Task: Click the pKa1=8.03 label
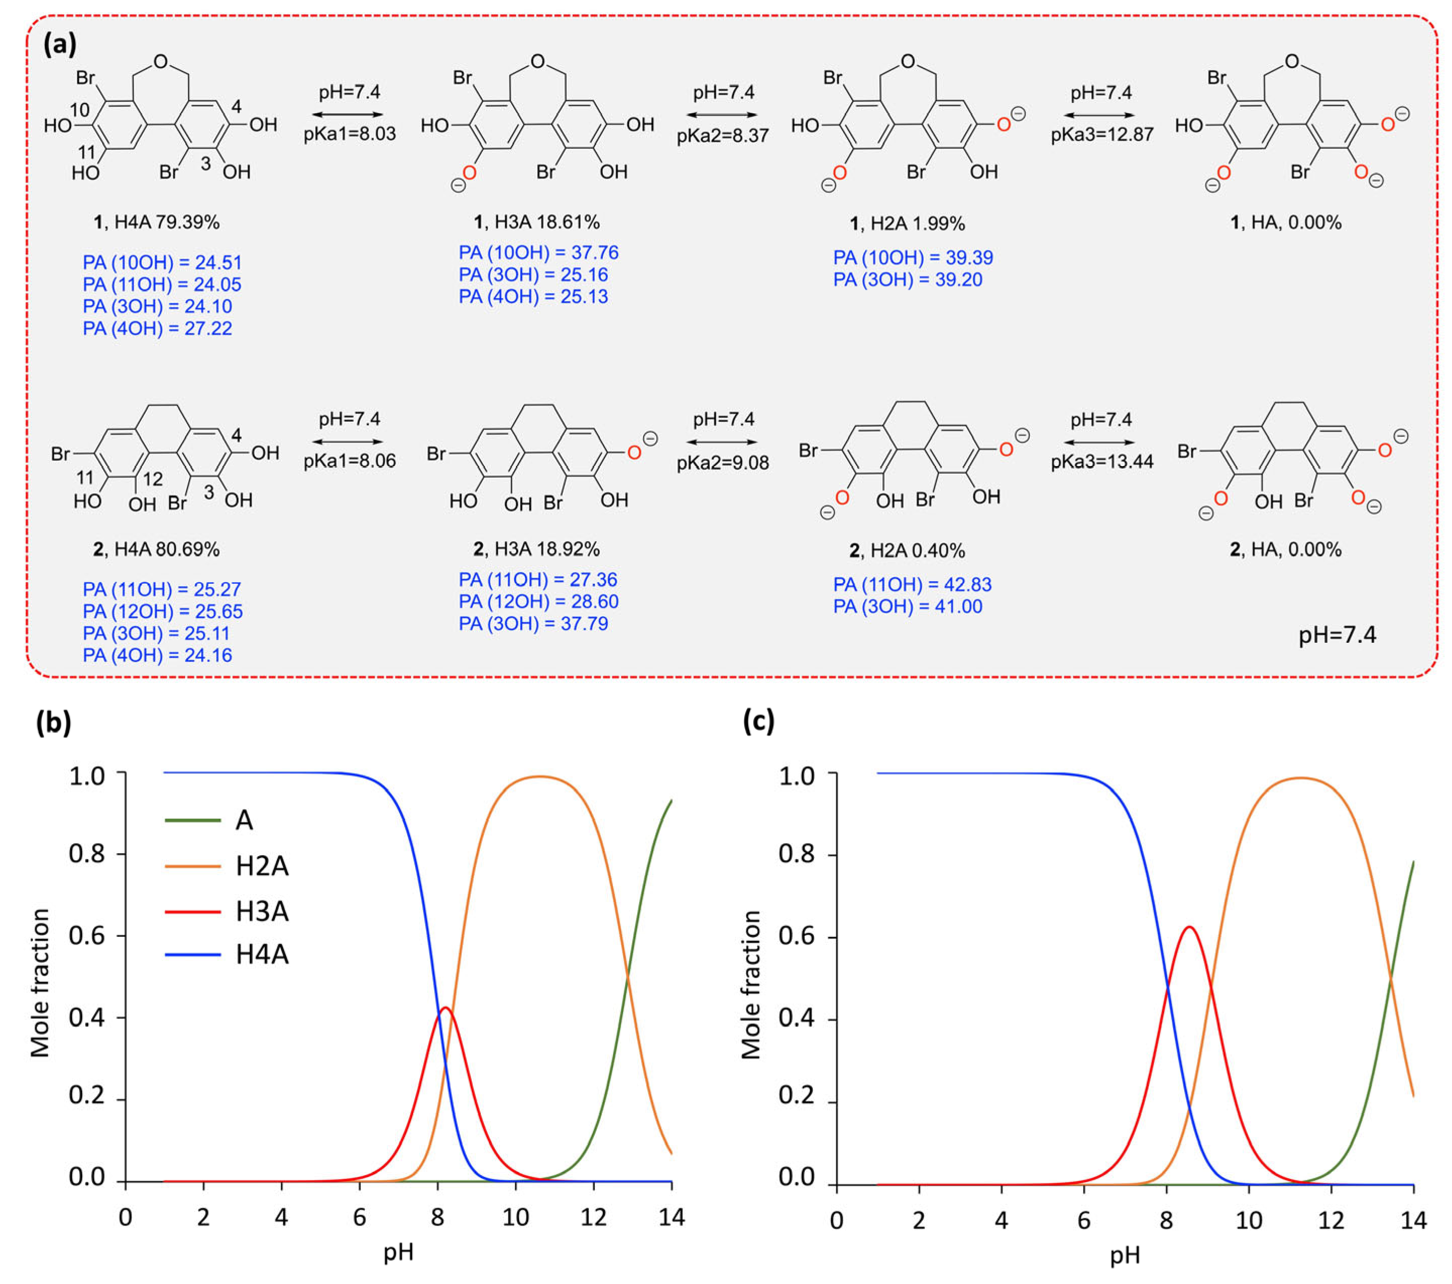coord(350,134)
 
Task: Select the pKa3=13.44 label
coord(1102,461)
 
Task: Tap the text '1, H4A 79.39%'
coord(157,222)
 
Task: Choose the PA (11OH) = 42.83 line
coord(912,584)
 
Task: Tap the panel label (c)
coord(758,721)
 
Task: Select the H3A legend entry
coord(261,912)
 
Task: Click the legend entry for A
coord(244,820)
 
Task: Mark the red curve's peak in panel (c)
coord(1189,927)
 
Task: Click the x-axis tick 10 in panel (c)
coord(1248,1221)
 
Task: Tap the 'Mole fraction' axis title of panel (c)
coord(751,985)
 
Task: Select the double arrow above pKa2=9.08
coord(723,442)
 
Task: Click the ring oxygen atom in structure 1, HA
coord(1292,62)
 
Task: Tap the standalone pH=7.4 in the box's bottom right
coord(1337,635)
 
